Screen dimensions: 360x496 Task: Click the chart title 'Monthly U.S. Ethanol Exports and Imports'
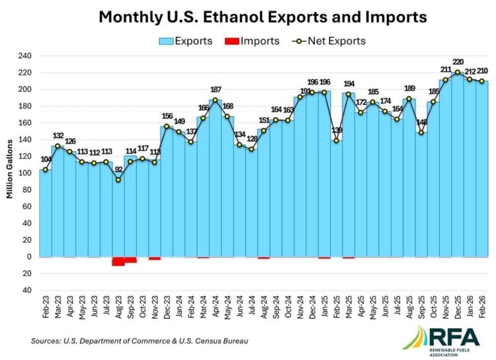coord(263,16)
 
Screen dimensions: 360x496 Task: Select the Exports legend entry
coord(185,41)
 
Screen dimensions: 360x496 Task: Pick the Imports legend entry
coord(251,41)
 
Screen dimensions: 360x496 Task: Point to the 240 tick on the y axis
coord(24,56)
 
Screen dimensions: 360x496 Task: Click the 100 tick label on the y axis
coord(24,173)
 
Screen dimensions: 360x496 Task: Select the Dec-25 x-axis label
coord(458,308)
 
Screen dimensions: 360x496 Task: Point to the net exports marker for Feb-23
coord(46,169)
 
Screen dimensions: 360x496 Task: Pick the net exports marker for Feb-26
coord(481,81)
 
